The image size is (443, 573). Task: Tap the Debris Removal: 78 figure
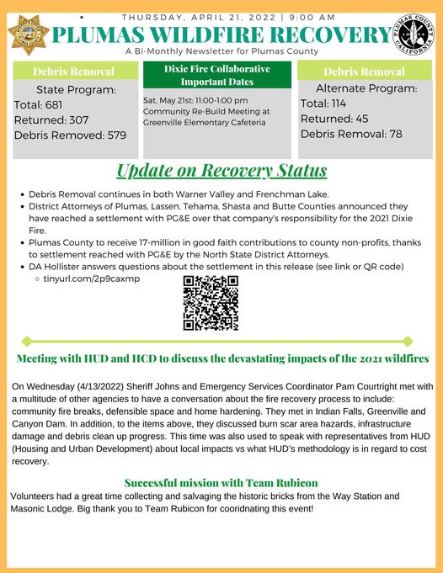351,134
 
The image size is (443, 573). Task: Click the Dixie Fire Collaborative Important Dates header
217,74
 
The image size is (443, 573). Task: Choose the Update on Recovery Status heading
221,172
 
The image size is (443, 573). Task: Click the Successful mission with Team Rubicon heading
221,483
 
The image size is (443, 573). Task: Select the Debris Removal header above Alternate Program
365,71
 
